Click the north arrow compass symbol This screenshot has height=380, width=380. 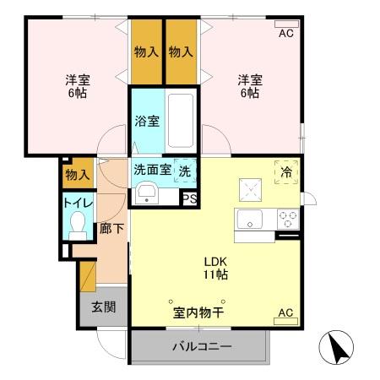click(333, 346)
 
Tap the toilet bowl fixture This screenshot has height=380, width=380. click(79, 224)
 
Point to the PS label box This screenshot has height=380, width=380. click(189, 199)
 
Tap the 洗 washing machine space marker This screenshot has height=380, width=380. click(185, 169)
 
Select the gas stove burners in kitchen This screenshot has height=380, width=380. click(288, 219)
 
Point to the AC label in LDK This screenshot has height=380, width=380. click(285, 313)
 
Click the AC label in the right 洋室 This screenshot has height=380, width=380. click(285, 33)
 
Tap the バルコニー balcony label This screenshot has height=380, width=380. click(203, 346)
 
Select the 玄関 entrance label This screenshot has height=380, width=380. click(104, 306)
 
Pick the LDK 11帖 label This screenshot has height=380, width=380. click(214, 267)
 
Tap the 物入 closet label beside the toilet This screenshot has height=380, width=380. click(77, 175)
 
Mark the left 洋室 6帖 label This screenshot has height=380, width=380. click(79, 86)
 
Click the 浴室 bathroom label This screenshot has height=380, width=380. click(147, 121)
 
